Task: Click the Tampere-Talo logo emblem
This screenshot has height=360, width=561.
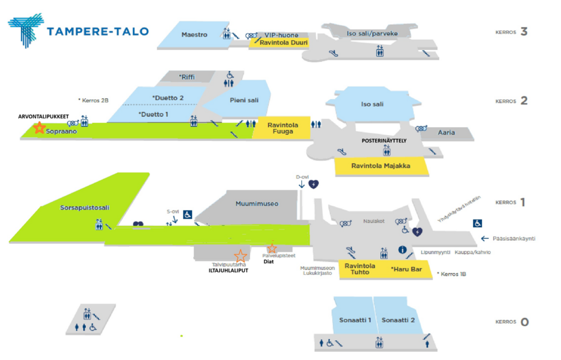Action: point(25,31)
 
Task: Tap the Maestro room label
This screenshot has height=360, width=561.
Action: point(194,35)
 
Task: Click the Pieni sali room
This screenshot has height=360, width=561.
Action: point(244,100)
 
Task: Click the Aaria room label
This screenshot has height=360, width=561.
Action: point(447,133)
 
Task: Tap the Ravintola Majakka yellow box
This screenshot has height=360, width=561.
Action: point(381,166)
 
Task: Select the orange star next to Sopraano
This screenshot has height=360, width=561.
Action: point(39,128)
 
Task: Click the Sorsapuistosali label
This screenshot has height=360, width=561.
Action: point(85,207)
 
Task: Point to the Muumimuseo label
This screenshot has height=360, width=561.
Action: point(257,204)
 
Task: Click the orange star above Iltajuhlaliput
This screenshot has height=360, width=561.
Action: point(240,256)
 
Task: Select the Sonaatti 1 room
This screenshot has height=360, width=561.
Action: point(355,320)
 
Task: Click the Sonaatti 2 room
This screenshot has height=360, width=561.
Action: point(398,320)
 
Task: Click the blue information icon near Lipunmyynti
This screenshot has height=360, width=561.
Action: point(402,250)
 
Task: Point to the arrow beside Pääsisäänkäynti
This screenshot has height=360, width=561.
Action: point(486,238)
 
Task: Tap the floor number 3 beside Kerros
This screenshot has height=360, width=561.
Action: point(524,31)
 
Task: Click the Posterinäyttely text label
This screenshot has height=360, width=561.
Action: point(386,141)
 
